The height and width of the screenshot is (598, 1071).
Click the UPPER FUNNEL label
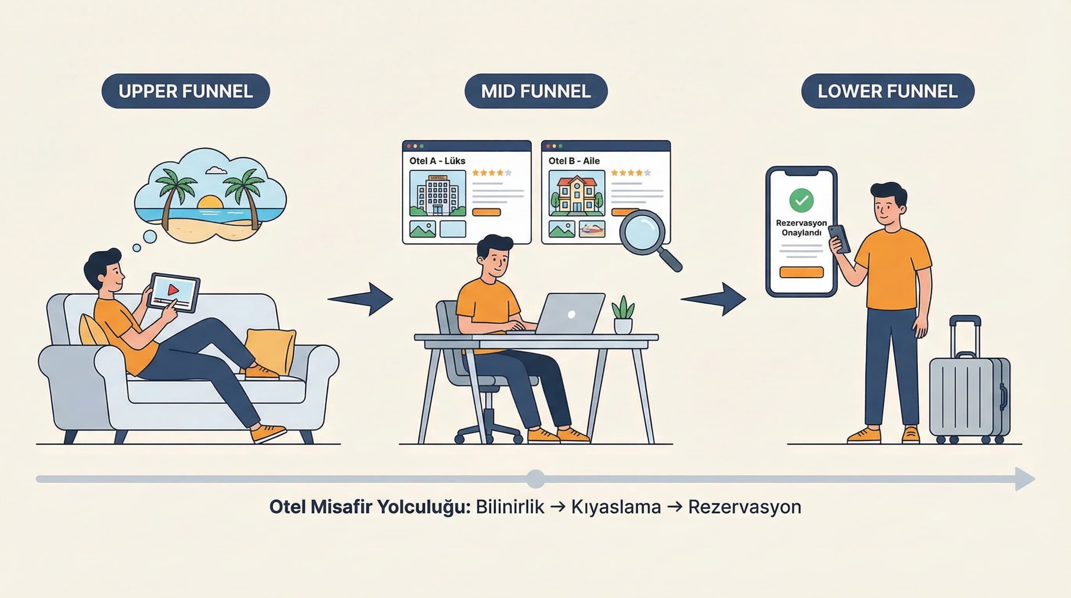(x=185, y=91)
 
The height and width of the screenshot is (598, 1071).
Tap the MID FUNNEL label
(x=535, y=91)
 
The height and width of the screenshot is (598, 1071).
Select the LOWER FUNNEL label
(x=887, y=91)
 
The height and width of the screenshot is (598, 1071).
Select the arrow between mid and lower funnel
(x=714, y=299)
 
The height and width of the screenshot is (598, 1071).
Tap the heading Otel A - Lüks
(x=437, y=161)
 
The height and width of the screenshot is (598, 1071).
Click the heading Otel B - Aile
(x=574, y=161)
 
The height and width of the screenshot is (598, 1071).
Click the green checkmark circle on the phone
(x=801, y=201)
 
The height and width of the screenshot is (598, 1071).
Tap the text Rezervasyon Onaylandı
(x=801, y=227)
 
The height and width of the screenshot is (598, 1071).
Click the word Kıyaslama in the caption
(x=616, y=507)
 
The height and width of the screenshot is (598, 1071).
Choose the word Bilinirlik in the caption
(x=510, y=507)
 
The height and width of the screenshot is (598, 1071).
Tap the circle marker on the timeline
(x=535, y=479)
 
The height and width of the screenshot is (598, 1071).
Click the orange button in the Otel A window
(x=486, y=213)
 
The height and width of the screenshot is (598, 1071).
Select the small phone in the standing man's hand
(x=840, y=239)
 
